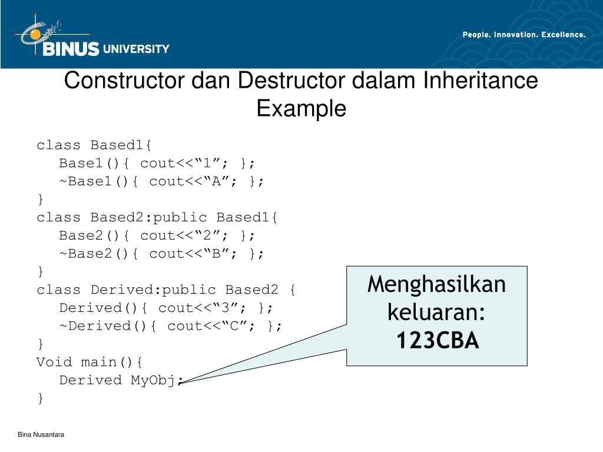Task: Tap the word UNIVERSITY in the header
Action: [x=136, y=49]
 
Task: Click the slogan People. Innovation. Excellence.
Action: [x=524, y=35]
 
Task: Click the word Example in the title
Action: [x=301, y=108]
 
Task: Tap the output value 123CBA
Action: [x=437, y=340]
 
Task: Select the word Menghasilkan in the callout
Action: [x=437, y=285]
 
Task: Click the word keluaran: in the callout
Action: [x=437, y=313]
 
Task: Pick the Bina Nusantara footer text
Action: [x=41, y=434]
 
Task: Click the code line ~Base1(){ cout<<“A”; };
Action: [x=162, y=181]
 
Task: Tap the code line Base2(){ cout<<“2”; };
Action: [x=157, y=235]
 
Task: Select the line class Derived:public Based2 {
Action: [x=167, y=290]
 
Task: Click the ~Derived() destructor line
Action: [x=171, y=326]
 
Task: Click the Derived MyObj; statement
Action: [x=121, y=380]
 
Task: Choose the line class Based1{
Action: [x=94, y=145]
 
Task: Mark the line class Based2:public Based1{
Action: [x=157, y=217]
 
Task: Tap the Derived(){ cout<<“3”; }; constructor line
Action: [x=167, y=308]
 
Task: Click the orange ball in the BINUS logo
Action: [x=36, y=34]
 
